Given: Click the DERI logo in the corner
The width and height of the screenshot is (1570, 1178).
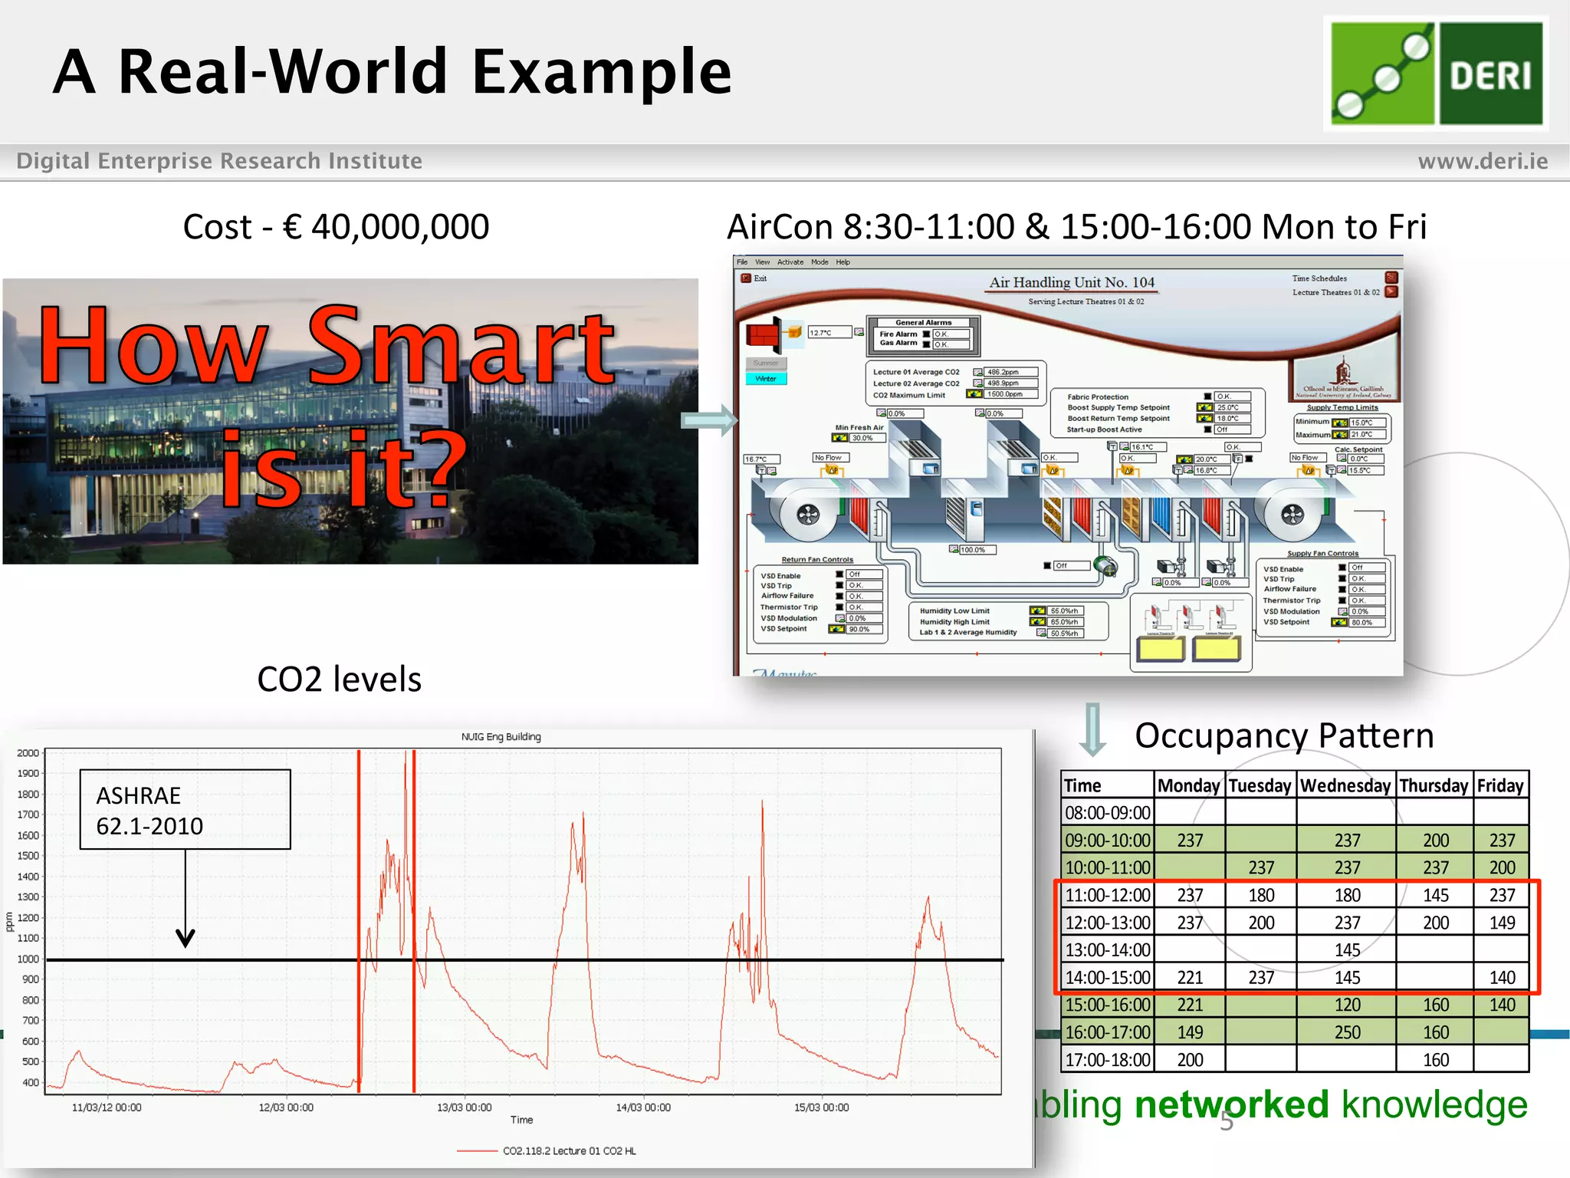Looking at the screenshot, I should [1436, 74].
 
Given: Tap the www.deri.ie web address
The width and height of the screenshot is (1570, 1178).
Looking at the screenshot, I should [1482, 161].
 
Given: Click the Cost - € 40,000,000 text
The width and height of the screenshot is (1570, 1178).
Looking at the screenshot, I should [336, 227].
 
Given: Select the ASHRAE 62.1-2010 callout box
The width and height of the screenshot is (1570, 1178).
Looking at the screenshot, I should [185, 809].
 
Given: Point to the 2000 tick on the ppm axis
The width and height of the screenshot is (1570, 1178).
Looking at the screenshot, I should [28, 753].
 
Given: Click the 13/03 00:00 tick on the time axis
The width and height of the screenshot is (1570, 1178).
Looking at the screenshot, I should [464, 1107].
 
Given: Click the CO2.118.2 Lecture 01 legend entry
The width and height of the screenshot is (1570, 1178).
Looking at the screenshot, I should [569, 1150].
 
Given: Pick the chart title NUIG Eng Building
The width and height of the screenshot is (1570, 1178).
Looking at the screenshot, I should [501, 737].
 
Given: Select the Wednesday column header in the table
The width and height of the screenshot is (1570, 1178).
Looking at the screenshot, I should [1345, 786].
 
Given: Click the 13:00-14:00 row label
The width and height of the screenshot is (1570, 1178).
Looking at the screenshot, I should [1107, 950].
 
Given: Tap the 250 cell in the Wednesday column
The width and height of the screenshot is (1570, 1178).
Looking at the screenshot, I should [1347, 1032].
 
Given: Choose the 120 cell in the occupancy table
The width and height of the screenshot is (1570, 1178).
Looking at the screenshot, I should [1347, 1005].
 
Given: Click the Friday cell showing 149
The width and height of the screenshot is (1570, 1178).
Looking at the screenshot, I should [1502, 923].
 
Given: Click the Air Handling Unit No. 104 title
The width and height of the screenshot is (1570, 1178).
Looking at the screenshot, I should [1071, 282].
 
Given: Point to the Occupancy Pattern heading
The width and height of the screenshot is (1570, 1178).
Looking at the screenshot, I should [1283, 735].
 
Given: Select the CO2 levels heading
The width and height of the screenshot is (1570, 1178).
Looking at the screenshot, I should [339, 679].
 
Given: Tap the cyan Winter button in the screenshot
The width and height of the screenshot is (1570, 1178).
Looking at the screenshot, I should [766, 379].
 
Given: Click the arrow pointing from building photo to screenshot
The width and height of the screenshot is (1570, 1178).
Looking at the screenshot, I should [709, 420].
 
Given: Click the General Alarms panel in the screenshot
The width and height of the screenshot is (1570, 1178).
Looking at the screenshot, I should [923, 335].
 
